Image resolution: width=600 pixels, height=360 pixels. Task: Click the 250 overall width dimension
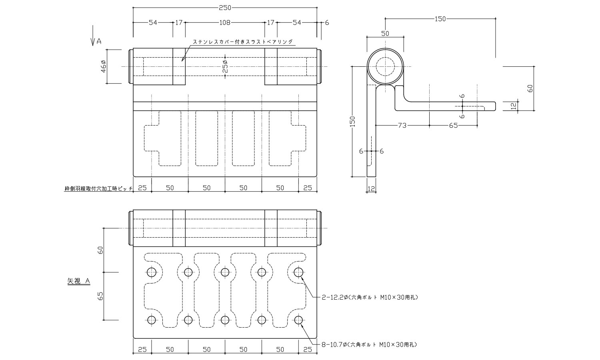225,7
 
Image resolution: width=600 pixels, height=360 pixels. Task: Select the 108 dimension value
225,23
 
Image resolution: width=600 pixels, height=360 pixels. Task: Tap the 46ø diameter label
103,66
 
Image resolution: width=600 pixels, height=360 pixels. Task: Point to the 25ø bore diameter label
225,66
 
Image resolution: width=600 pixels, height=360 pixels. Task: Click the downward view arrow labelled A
93,36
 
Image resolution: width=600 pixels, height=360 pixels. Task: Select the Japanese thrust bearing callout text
243,42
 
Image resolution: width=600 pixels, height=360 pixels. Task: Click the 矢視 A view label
78,282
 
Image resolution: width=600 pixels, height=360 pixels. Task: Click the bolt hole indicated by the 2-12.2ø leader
298,272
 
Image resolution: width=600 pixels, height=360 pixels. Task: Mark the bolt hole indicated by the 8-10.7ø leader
298,320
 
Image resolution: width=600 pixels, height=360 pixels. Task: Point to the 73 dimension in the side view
402,126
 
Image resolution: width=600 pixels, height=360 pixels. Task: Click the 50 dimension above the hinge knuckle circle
385,34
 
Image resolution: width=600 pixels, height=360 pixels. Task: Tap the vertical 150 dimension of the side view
352,121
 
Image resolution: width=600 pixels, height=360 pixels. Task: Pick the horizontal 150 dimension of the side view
440,18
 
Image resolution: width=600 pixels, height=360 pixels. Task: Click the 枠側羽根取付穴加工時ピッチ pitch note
98,188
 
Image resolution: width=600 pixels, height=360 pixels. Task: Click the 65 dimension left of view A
101,296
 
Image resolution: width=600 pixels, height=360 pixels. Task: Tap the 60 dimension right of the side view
530,88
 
